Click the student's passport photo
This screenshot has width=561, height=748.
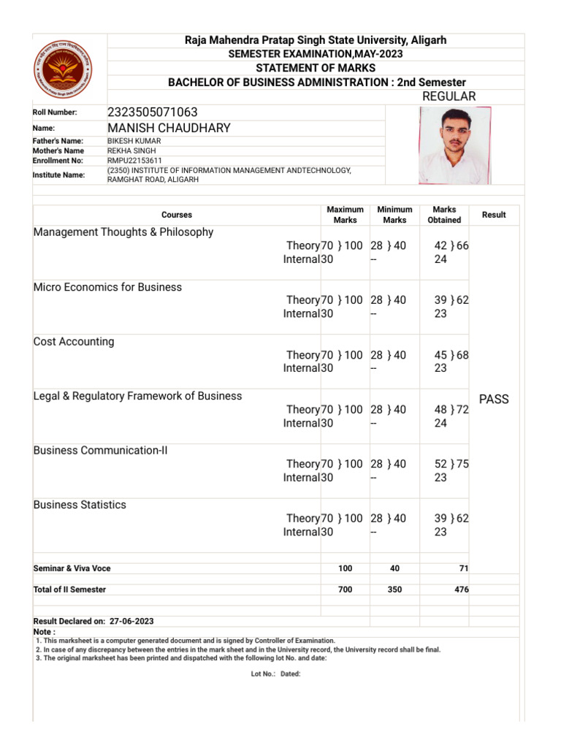[x=454, y=145]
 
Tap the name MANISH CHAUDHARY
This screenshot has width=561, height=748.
[x=169, y=128]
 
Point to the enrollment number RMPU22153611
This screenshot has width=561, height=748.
[x=134, y=160]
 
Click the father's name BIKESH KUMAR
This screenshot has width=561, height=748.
[x=134, y=140]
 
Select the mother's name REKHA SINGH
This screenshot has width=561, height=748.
[x=131, y=150]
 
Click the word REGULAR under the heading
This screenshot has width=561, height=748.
[x=449, y=96]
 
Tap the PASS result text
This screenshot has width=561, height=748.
[x=494, y=399]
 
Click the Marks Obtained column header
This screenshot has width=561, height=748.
[x=444, y=215]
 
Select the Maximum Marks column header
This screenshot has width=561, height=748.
[x=345, y=215]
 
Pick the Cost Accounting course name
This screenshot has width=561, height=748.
[x=74, y=341]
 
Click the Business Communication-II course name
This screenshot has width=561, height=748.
[x=100, y=450]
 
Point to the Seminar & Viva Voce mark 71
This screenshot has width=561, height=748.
[x=462, y=568]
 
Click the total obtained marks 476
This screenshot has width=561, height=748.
[x=461, y=589]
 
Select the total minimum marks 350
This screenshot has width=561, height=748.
[x=394, y=589]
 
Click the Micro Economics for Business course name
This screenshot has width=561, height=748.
[x=107, y=287]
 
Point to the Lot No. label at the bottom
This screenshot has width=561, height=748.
[x=263, y=674]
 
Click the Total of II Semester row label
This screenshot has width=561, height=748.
[x=69, y=589]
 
